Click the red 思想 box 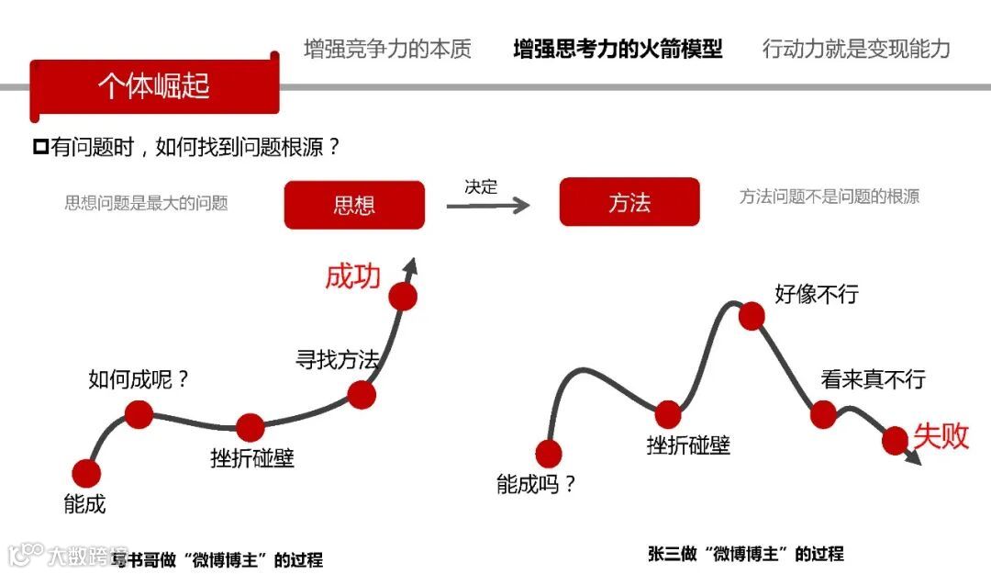pos(354,204)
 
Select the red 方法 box pos(629,202)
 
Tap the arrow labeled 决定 pos(488,204)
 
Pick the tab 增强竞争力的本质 pos(387,49)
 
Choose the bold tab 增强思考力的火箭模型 pos(618,49)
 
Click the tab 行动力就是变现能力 pos(856,49)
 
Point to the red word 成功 pos(352,276)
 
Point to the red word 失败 pos(941,435)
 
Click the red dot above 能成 pos(86,473)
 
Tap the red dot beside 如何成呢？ pos(139,414)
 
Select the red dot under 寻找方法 pos(362,394)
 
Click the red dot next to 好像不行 pos(752,316)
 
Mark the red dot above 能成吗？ pos(548,454)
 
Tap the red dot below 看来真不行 pos(824,414)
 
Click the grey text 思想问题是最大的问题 pos(146,203)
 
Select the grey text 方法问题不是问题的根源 pos(829,197)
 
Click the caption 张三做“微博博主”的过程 pos(745,554)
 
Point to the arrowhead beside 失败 pos(913,457)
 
